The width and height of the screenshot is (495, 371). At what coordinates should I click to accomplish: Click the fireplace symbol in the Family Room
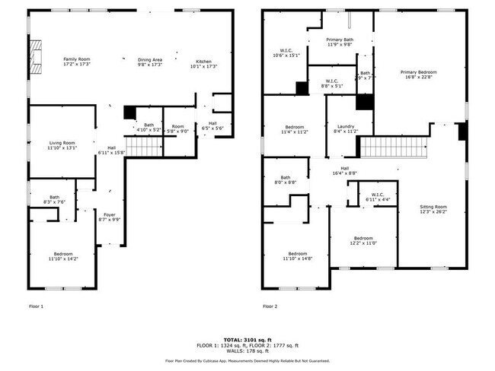[35, 53]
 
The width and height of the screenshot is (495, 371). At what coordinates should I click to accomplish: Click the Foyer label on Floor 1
[110, 217]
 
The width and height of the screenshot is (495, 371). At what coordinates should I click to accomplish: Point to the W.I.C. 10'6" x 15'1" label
[286, 52]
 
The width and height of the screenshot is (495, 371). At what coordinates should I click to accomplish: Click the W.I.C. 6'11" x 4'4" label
[378, 197]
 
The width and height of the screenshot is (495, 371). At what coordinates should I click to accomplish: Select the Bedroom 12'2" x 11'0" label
[362, 240]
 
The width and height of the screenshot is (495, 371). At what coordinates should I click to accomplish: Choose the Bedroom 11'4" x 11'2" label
[295, 129]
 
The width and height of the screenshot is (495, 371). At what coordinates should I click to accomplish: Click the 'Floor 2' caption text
[270, 306]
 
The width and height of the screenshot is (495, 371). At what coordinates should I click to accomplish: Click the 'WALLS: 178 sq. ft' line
[247, 350]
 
